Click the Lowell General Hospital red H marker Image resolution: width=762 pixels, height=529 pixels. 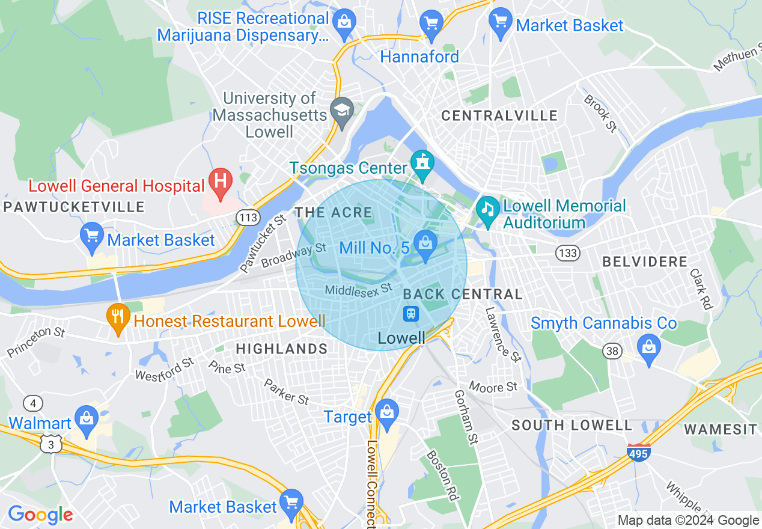221,182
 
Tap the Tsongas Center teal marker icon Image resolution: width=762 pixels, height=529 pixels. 422,164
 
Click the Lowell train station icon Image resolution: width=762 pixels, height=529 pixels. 411,313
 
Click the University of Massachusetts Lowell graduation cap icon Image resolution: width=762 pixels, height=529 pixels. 343,110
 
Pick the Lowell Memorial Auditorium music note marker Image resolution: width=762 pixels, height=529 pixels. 488,210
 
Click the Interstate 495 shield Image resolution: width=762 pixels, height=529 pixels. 638,452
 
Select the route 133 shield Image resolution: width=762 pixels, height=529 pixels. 567,253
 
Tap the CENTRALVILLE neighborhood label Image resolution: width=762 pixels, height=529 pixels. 499,115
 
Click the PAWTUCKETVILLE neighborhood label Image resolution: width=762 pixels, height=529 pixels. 73,207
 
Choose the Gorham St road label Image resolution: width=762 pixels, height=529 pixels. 466,415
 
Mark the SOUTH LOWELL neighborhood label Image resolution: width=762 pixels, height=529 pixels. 571,426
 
